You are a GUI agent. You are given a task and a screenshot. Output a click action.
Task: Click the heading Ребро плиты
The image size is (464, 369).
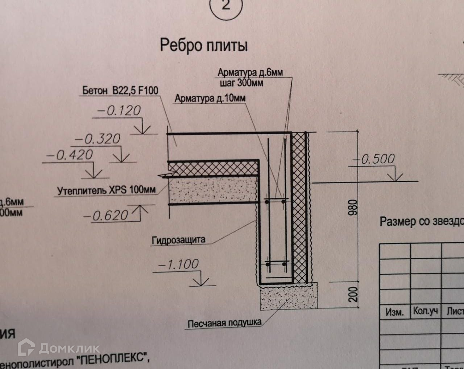click(204, 46)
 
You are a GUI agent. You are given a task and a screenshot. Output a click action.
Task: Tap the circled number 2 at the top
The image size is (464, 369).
click(225, 6)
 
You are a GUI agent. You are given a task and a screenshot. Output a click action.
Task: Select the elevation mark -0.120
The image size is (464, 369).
click(120, 110)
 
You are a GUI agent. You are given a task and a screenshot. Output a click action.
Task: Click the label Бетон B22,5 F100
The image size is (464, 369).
click(120, 90)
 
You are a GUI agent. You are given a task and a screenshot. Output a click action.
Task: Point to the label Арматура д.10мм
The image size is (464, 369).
click(210, 98)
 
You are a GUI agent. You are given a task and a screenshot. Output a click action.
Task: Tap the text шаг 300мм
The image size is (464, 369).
click(241, 82)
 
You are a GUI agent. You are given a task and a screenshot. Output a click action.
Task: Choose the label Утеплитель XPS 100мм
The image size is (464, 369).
click(107, 190)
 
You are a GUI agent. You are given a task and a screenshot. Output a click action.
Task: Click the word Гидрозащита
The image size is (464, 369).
click(178, 240)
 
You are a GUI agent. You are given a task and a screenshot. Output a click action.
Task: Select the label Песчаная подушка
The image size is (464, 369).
click(224, 323)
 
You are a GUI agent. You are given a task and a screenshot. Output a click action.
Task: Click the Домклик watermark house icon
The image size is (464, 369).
click(28, 348)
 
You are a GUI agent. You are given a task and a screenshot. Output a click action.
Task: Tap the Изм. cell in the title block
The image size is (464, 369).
click(394, 312)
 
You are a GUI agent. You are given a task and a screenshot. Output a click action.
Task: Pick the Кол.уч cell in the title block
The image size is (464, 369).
click(425, 311)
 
